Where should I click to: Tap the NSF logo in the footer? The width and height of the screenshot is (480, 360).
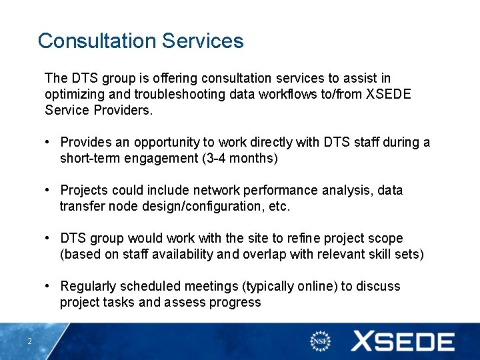321,341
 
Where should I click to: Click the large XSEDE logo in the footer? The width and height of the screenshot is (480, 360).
403,341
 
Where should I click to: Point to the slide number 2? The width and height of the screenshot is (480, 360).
30,342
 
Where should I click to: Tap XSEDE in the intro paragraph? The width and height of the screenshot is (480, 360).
389,94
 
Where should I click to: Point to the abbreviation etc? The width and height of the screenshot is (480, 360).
279,206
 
